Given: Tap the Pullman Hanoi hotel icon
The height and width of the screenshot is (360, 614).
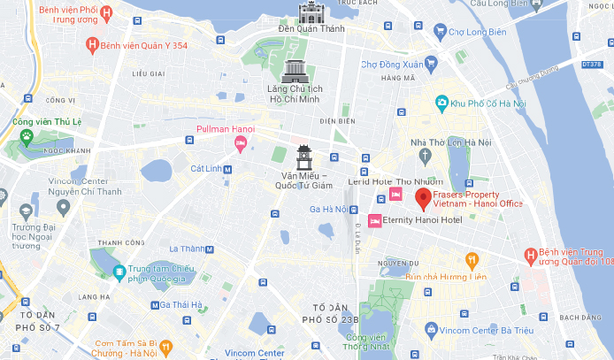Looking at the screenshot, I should pyautogui.click(x=240, y=144).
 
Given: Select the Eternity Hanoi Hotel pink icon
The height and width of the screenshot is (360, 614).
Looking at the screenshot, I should pyautogui.click(x=374, y=219).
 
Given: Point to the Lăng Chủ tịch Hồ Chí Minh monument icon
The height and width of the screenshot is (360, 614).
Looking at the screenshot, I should pyautogui.click(x=295, y=72).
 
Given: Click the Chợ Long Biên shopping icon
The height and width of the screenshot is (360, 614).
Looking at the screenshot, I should pyautogui.click(x=440, y=33).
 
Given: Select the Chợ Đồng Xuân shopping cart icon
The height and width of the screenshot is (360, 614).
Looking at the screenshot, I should pyautogui.click(x=431, y=64).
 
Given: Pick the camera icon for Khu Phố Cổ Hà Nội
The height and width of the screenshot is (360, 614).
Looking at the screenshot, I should pyautogui.click(x=441, y=103).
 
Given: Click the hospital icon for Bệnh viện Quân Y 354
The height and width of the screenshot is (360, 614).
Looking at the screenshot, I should pyautogui.click(x=91, y=44).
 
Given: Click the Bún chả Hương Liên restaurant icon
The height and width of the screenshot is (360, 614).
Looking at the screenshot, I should pyautogui.click(x=472, y=260).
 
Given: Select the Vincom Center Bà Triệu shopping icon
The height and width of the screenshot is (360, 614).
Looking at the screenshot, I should pyautogui.click(x=430, y=329).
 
